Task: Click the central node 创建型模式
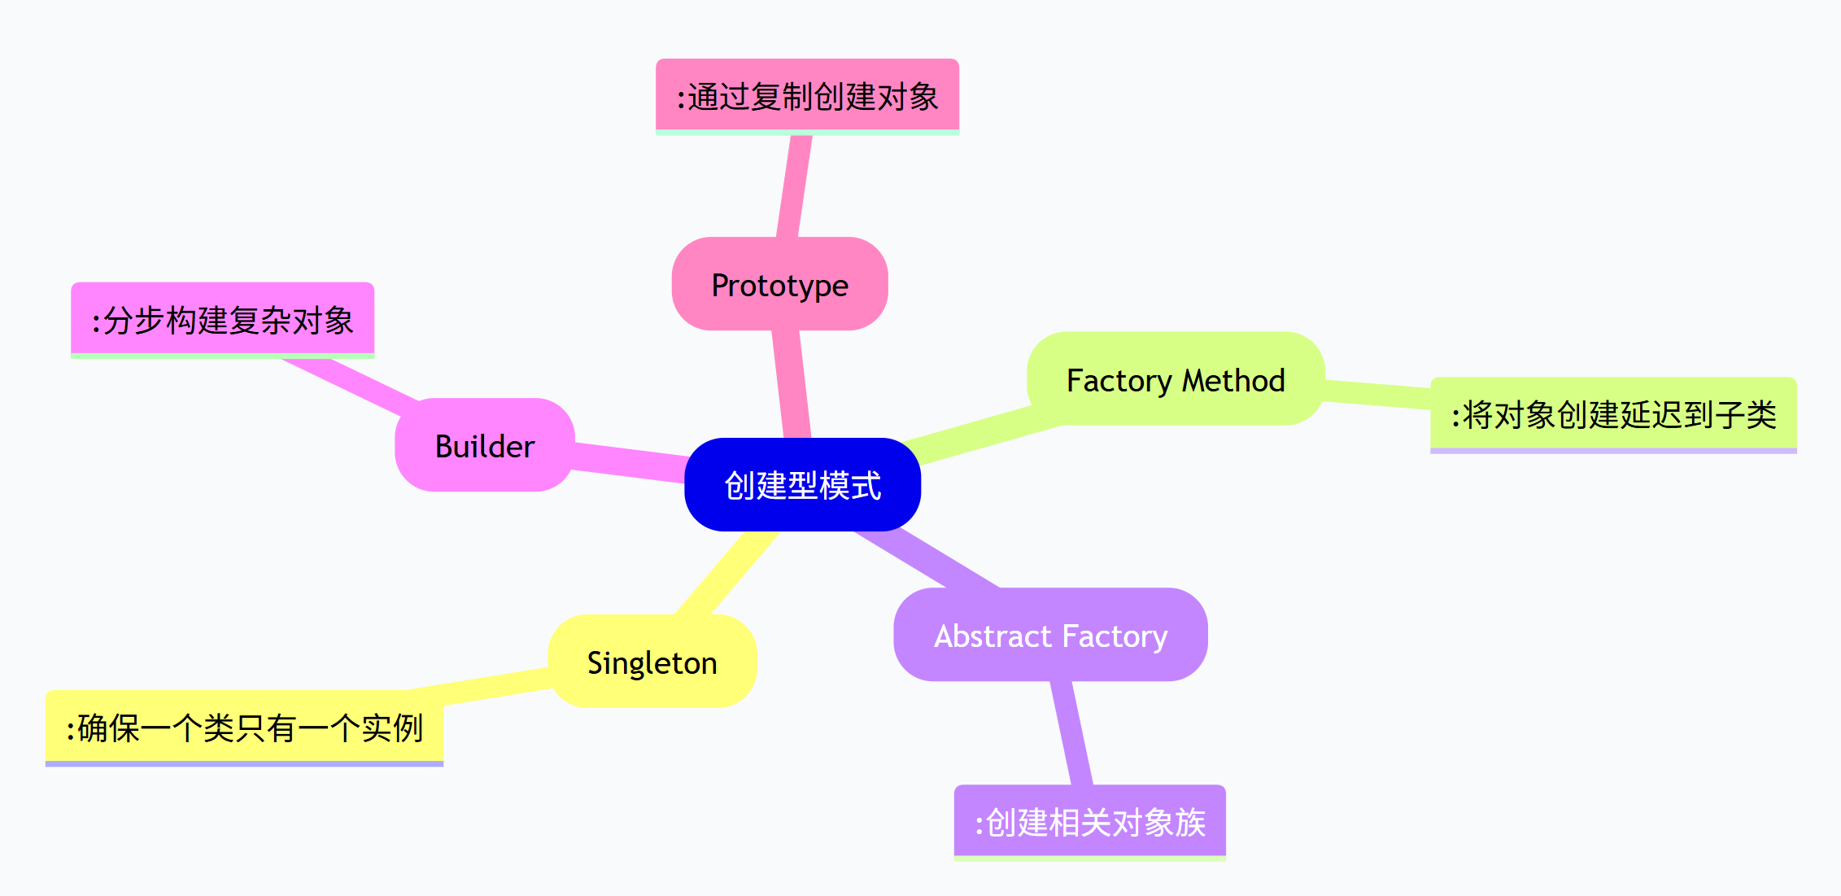[802, 485]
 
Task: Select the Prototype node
[779, 285]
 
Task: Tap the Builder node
[485, 446]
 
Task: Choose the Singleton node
[652, 662]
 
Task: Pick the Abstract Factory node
[1050, 636]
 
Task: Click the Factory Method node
[1176, 380]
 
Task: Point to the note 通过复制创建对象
[807, 96]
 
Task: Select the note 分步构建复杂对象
[222, 320]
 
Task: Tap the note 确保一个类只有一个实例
[244, 728]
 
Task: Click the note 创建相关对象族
[1089, 822]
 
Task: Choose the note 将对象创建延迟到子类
[1613, 414]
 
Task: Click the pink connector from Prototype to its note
[794, 186]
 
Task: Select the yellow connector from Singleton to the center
[726, 573]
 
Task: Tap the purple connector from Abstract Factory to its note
[1071, 732]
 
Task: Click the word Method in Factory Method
[1233, 380]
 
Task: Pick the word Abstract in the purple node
[992, 636]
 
